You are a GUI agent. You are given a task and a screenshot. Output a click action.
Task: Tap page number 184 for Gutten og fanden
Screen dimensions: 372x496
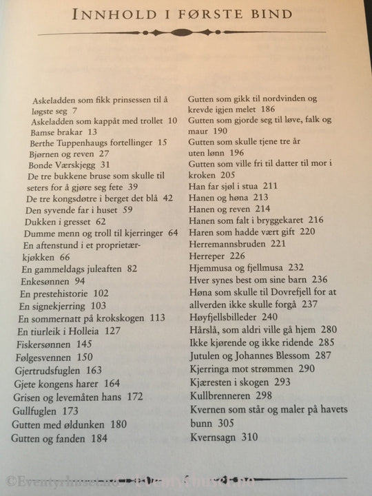point(98,437)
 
